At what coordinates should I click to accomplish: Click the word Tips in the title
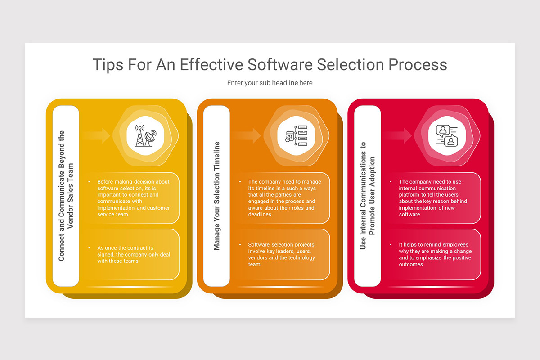tap(108, 64)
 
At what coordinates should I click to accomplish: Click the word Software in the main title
tap(279, 64)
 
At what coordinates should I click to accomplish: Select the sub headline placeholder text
tap(270, 83)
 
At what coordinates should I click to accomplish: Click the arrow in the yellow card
tap(96, 135)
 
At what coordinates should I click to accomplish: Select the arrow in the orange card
tap(247, 135)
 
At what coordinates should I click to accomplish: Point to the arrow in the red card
tap(398, 135)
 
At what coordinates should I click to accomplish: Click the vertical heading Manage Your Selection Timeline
tap(217, 196)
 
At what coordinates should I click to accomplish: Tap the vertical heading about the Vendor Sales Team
tap(65, 196)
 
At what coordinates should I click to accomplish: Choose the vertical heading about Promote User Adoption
tap(368, 196)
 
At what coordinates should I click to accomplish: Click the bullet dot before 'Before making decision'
tap(90, 182)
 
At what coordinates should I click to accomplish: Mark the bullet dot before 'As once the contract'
tap(90, 248)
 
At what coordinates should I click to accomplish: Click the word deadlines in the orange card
tap(260, 215)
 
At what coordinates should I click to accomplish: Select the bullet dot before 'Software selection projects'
tap(240, 245)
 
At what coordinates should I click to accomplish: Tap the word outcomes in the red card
tap(411, 264)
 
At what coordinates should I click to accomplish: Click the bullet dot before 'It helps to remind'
tap(391, 245)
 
